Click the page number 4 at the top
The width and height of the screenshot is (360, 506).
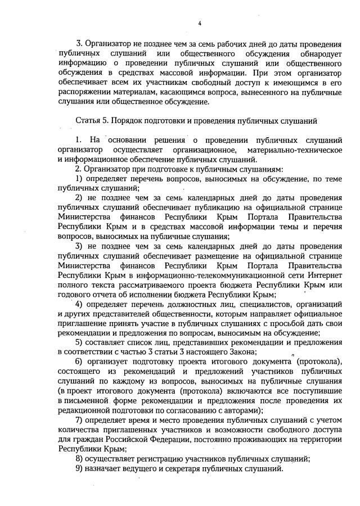[200, 22]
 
